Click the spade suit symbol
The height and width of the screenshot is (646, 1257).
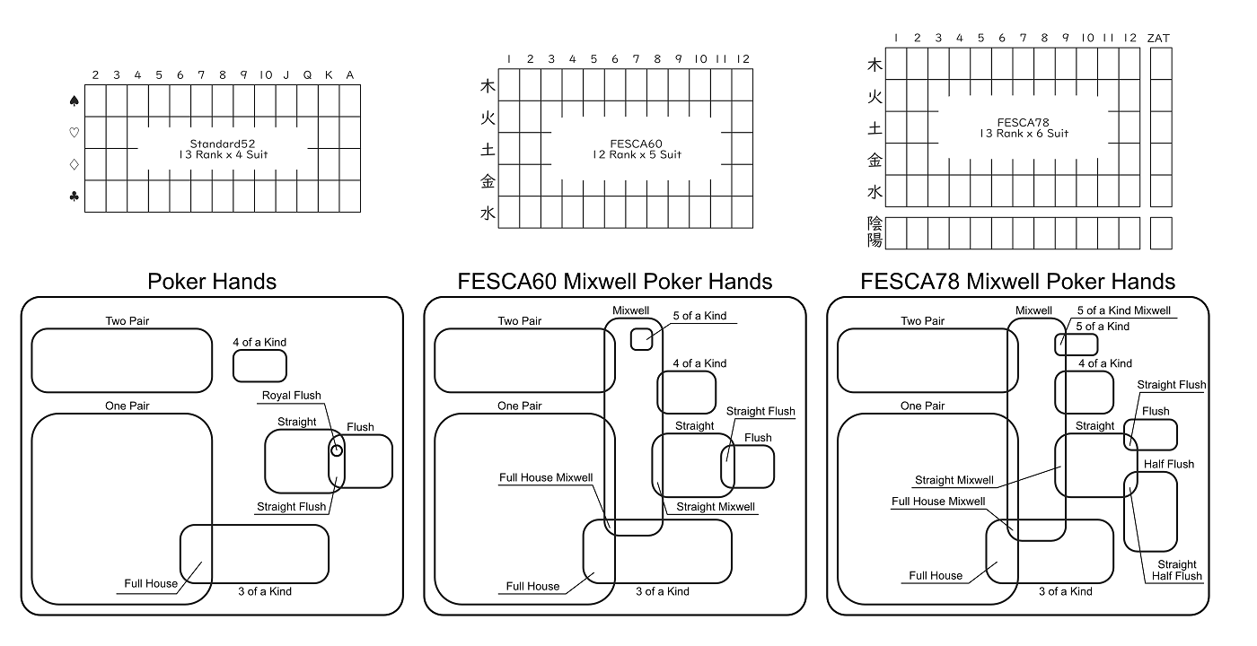[x=75, y=101]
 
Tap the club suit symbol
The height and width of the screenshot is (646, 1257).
[x=75, y=196]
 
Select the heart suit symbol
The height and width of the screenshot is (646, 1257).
[x=75, y=133]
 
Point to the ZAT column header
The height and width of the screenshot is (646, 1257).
[x=1158, y=38]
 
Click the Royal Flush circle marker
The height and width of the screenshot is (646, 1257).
[x=337, y=450]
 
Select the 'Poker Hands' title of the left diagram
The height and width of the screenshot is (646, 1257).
[x=212, y=282]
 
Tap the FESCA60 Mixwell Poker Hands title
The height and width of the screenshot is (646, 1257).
[x=615, y=282]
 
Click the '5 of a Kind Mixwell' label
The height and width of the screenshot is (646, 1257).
[x=1123, y=310]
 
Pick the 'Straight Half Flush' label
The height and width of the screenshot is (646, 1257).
[x=1177, y=570]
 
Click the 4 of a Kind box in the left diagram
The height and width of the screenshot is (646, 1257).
[x=259, y=365]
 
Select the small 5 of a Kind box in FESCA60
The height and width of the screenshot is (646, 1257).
[x=641, y=338]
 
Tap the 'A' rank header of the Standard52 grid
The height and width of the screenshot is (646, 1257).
[x=350, y=75]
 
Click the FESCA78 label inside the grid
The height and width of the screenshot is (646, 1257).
[x=1024, y=122]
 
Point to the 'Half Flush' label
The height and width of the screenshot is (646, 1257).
[x=1168, y=464]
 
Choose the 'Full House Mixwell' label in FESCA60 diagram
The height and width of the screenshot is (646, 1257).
[x=545, y=477]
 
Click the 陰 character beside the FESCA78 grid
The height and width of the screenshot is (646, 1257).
[x=875, y=223]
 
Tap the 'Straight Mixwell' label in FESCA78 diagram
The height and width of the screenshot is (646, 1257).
[x=954, y=480]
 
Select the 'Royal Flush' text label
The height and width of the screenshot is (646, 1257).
[x=291, y=396]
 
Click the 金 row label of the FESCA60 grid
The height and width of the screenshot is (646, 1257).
[x=488, y=180]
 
